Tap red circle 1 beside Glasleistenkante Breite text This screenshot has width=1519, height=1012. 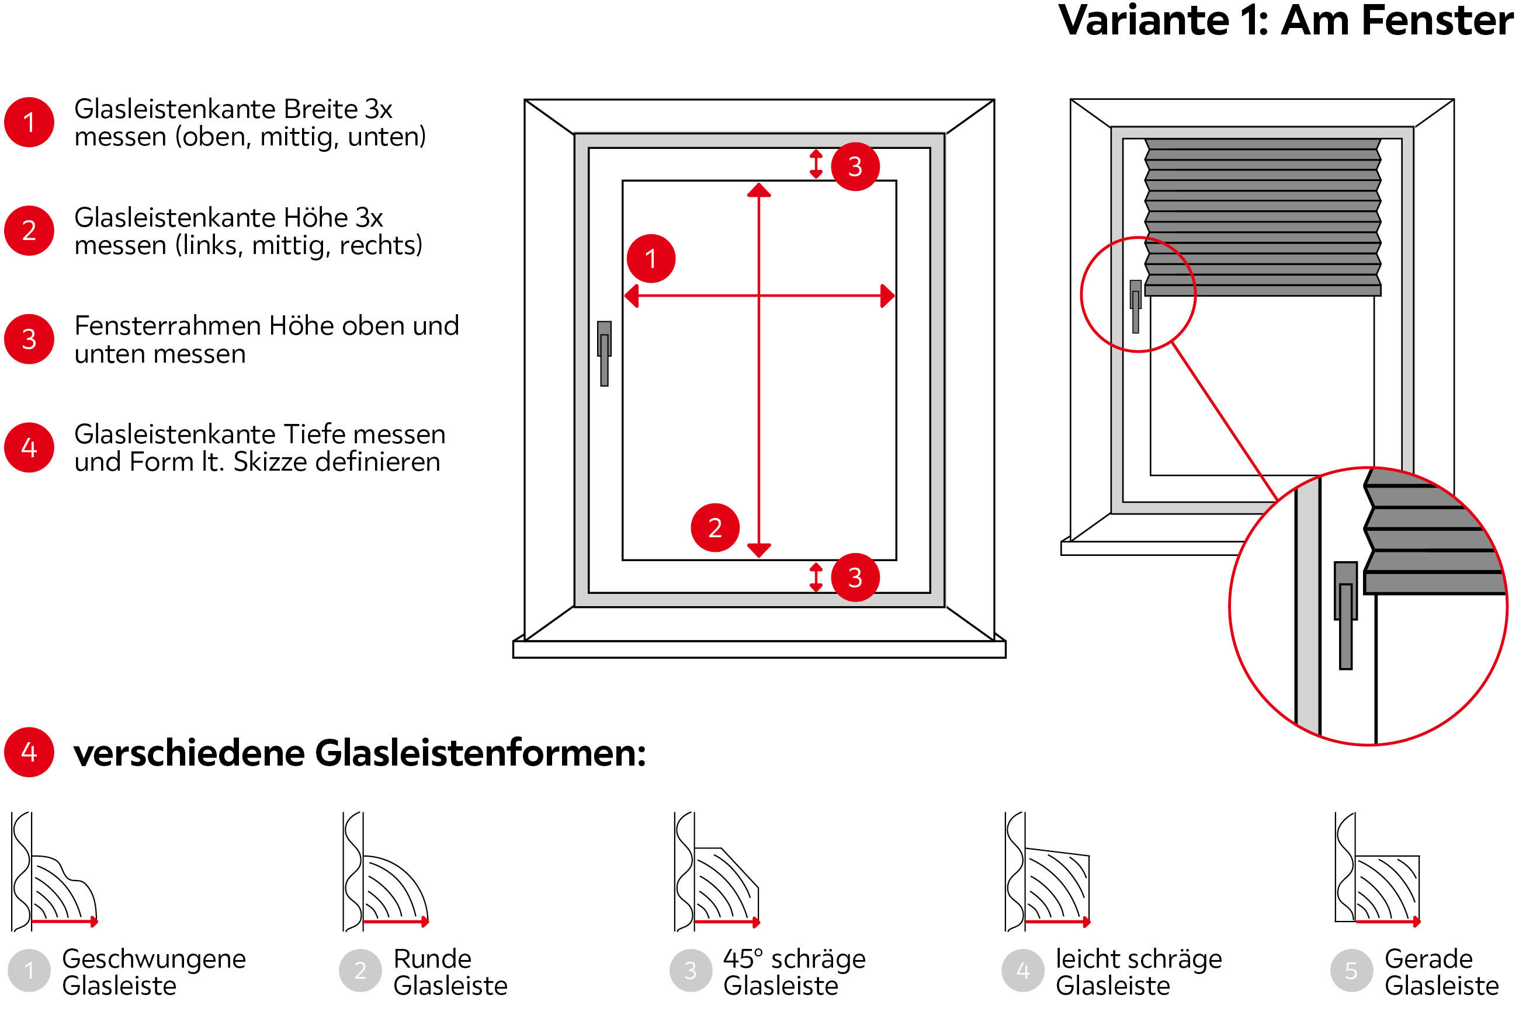pos(29,122)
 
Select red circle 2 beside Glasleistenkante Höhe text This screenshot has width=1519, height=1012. pos(29,231)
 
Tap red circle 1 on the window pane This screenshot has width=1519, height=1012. pos(651,258)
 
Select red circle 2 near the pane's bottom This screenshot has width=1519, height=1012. pos(715,527)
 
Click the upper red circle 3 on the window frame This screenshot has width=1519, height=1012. pos(855,166)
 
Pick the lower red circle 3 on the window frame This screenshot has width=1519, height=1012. pos(855,577)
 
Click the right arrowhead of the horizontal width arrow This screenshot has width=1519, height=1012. pos(888,296)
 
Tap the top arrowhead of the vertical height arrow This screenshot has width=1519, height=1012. pos(759,190)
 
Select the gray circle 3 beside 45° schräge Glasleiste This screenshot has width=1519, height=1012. pos(690,971)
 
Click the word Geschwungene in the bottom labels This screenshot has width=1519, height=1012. pos(154,959)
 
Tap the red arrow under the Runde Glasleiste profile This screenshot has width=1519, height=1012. pos(395,921)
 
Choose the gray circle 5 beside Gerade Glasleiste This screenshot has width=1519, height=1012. pos(1351,971)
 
